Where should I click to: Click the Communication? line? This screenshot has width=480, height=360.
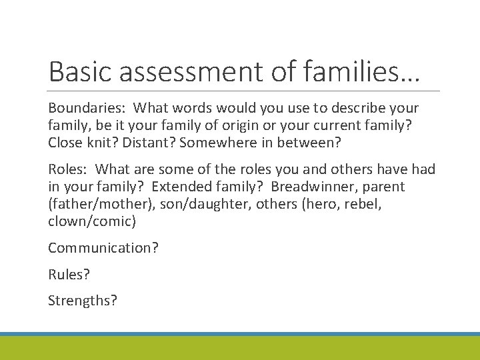pyautogui.click(x=103, y=248)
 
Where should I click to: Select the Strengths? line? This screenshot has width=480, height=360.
pyautogui.click(x=83, y=301)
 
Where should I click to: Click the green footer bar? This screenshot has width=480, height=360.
pyautogui.click(x=240, y=348)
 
